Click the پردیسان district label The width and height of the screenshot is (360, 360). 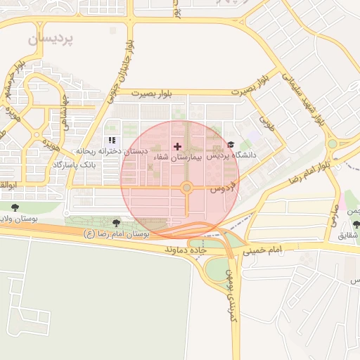[x=50, y=39]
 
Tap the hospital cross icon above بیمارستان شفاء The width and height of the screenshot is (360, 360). [x=177, y=146]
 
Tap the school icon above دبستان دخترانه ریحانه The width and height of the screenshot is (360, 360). [x=111, y=141]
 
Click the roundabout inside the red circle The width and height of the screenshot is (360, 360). [x=186, y=188]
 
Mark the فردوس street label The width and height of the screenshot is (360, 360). [x=221, y=188]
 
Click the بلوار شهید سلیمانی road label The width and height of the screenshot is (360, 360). [x=303, y=98]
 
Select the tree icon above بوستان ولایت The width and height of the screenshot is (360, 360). [x=15, y=207]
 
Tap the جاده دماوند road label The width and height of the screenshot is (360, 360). [x=184, y=250]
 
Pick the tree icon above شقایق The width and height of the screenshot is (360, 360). [x=356, y=224]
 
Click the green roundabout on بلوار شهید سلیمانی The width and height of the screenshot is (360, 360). [x=332, y=144]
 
